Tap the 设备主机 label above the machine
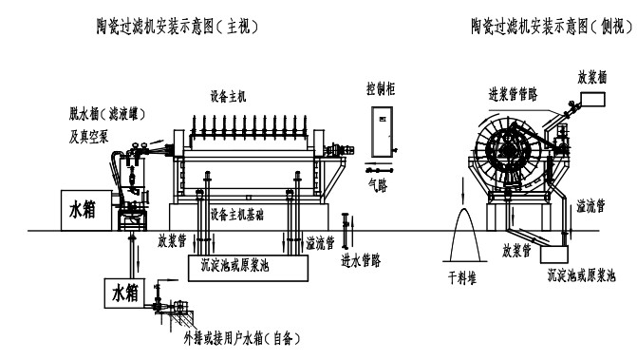(x=228, y=97)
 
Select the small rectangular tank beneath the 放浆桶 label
(x=597, y=98)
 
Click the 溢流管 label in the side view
(x=593, y=205)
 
